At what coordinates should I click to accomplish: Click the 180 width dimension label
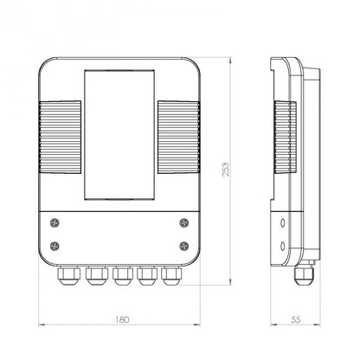coord(122,319)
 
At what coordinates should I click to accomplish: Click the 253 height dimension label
coord(226,170)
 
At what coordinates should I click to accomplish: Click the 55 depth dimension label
coord(296,319)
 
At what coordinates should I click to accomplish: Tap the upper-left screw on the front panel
coord(55,222)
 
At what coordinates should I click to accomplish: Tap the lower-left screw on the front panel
coord(55,246)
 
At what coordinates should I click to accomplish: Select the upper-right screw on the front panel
coord(184,222)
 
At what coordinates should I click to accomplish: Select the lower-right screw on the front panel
coord(184,246)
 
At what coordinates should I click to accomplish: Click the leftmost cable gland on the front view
coord(69,276)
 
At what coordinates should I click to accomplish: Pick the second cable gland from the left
coord(97,276)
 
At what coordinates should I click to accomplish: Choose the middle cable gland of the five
coord(123,276)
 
